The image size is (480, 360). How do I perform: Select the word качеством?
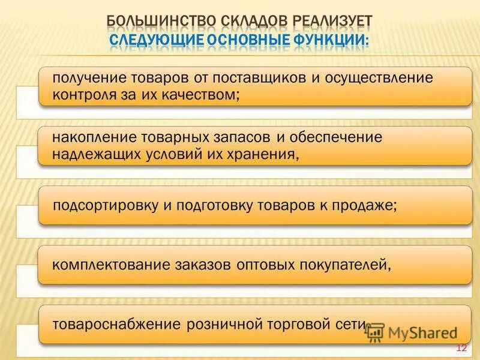tap(205, 94)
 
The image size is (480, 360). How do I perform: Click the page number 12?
tap(461, 348)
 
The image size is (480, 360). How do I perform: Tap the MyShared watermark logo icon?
tap(376, 332)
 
